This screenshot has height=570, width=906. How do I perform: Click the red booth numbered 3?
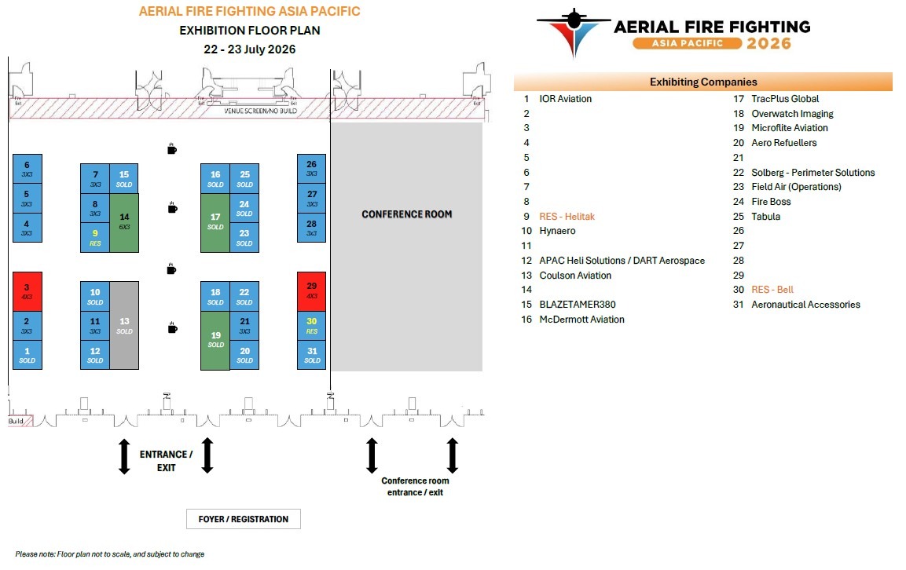tap(28, 291)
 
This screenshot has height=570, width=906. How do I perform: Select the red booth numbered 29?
tap(312, 291)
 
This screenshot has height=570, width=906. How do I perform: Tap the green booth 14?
tap(124, 222)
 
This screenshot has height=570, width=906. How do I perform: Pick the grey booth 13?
tap(124, 325)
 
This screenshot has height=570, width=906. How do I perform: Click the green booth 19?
tap(215, 340)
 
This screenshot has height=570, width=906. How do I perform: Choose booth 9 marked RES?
tap(95, 237)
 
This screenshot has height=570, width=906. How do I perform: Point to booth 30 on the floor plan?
tap(312, 325)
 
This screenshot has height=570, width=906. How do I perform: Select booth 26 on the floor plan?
tap(312, 169)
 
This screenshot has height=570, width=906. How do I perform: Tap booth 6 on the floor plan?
tap(28, 169)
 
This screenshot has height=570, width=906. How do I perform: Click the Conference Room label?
tap(406, 214)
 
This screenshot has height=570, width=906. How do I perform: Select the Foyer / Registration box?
tap(244, 519)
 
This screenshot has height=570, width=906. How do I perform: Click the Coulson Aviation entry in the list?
tap(575, 276)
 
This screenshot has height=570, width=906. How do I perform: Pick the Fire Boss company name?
tap(771, 202)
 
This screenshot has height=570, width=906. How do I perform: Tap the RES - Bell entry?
tap(772, 290)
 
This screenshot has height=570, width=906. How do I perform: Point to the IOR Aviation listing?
tap(565, 99)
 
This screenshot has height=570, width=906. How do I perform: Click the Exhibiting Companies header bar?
tap(703, 82)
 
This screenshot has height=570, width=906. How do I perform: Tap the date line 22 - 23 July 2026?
tap(250, 49)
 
